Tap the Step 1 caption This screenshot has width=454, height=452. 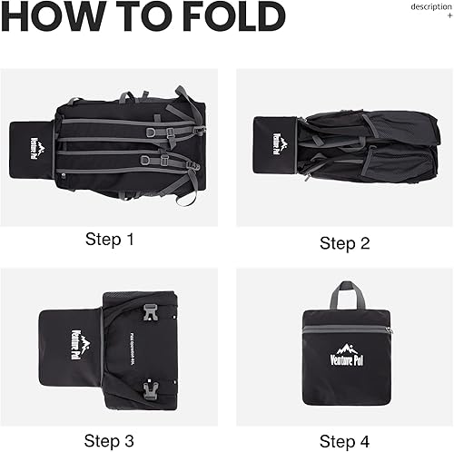110,240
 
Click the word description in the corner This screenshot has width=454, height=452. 430,6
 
